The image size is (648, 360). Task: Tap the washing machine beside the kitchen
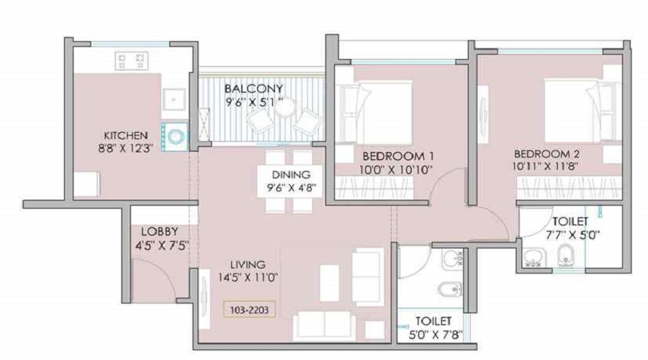click(176, 135)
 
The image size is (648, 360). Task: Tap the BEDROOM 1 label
click(388, 156)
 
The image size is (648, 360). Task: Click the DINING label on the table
click(291, 175)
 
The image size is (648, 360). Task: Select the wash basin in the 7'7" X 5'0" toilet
click(534, 256)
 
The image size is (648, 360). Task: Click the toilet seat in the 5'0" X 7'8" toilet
click(448, 289)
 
